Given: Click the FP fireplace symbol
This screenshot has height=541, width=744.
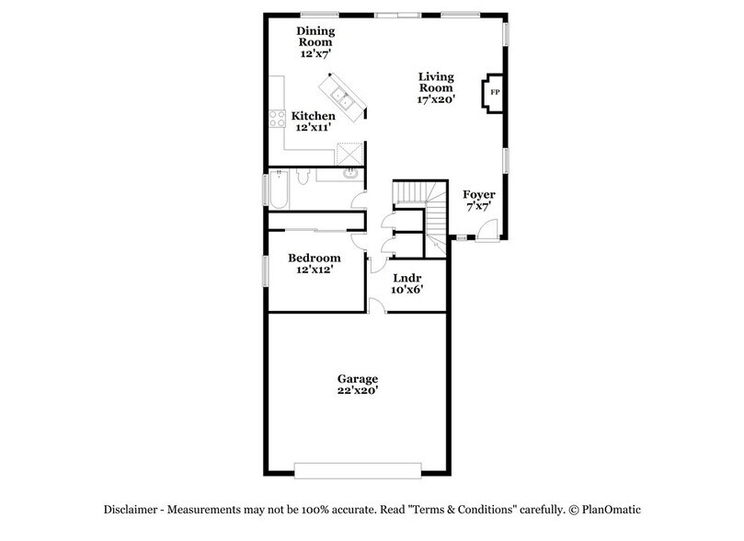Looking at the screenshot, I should click(494, 93).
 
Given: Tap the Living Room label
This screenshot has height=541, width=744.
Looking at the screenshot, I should click(437, 82).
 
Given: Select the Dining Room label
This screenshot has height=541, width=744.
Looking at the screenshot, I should click(314, 36).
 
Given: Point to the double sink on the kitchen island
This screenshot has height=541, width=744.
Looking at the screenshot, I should click(340, 92).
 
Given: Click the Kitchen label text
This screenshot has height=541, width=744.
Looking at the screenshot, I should click(314, 116).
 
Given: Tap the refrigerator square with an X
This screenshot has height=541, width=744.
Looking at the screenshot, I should click(350, 153).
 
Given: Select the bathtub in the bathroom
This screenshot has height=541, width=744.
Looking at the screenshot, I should click(278, 191).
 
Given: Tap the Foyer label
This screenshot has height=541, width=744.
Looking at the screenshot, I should click(478, 195).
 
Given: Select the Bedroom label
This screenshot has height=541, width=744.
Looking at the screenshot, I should click(314, 259).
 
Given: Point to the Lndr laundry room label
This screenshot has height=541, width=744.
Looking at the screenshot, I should click(406, 277).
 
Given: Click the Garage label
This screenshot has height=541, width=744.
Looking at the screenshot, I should click(358, 378).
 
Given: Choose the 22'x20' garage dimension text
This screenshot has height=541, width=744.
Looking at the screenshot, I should click(358, 390).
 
